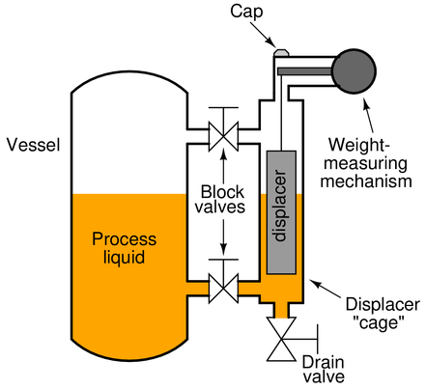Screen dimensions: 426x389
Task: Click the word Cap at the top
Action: point(246,12)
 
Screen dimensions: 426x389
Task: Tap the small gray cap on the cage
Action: point(281,52)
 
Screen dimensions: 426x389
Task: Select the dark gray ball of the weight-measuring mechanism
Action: point(354,71)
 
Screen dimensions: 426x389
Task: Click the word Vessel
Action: point(34,145)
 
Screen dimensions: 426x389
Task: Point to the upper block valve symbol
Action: point(223,136)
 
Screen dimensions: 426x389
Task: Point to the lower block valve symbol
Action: point(223,288)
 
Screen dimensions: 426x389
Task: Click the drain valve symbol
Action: point(281,339)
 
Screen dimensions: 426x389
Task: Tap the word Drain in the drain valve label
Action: point(323,363)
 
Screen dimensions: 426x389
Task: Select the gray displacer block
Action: point(281,212)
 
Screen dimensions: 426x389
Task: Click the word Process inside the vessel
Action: point(125,239)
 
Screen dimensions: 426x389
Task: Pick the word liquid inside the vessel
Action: point(124,257)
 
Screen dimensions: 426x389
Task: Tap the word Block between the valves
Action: point(222,192)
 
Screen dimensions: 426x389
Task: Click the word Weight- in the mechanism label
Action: point(359,145)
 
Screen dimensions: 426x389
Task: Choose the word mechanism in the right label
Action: point(366,181)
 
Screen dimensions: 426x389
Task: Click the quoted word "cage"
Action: point(379,321)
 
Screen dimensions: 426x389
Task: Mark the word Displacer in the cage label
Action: point(383,304)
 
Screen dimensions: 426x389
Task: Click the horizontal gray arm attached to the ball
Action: point(305,71)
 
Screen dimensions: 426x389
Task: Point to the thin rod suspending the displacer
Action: point(281,113)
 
